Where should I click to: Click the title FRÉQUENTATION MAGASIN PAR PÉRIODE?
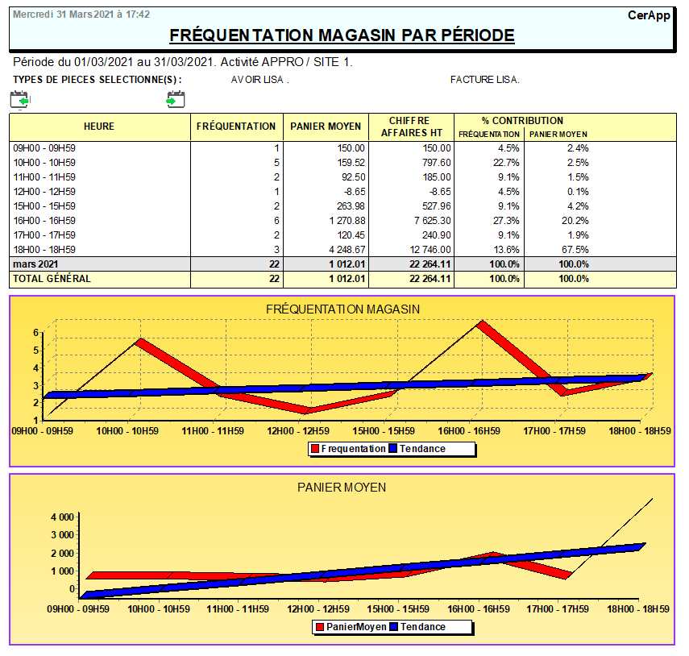pos(342,35)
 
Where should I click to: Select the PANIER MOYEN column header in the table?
pos(326,127)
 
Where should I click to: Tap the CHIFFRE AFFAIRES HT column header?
pos(410,127)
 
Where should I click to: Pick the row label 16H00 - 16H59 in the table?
pos(44,221)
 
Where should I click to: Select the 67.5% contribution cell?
pos(576,250)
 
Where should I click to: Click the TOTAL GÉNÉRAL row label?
pos(52,279)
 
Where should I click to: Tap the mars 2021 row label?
pos(36,264)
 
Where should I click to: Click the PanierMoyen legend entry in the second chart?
pos(350,627)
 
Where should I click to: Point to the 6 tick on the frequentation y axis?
pos(36,332)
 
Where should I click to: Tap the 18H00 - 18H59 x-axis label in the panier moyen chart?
pos(639,609)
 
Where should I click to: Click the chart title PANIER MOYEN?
pos(342,487)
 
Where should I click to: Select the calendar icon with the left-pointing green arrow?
pos(19,99)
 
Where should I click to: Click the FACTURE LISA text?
pos(484,80)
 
